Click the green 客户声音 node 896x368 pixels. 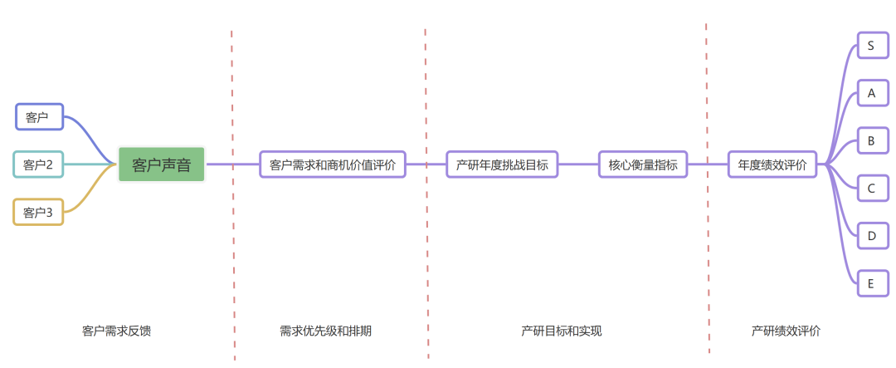pos(161,164)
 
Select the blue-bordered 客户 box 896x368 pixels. pos(39,117)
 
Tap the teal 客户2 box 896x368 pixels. pos(38,164)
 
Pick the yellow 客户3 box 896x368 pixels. pos(38,213)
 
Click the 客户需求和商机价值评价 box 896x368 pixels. pos(333,164)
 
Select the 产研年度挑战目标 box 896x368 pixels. pos(502,164)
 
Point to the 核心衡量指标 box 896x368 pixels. pos(643,164)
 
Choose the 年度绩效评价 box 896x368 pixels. pos(772,164)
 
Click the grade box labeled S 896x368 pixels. pos(871,46)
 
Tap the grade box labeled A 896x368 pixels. pos(871,93)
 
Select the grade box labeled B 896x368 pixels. pos(871,140)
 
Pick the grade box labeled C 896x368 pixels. pos(871,189)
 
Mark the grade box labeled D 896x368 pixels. pos(871,236)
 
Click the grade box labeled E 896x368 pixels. pos(871,283)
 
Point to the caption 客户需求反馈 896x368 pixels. pos(117,331)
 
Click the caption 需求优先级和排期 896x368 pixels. pos(326,331)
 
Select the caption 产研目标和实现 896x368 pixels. pos(562,331)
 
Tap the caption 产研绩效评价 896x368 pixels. pos(786,331)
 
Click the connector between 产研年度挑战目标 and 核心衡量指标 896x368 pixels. pos(578,164)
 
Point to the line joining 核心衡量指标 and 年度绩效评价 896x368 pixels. pos(708,164)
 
